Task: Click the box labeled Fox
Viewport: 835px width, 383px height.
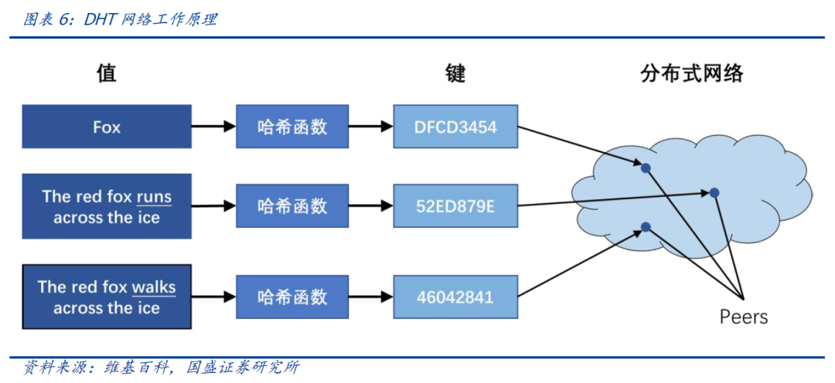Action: pos(107,127)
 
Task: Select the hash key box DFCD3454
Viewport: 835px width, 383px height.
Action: pos(455,127)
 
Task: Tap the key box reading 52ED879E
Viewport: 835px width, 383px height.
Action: pos(455,206)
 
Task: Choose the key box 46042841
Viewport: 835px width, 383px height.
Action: pos(455,297)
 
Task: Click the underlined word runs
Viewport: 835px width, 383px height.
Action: pos(154,198)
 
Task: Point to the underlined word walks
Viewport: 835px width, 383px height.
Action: pos(153,288)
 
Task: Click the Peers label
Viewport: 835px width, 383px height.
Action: pos(743,317)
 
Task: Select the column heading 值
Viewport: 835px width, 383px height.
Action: pos(106,73)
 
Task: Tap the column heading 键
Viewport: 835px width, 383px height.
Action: pos(455,73)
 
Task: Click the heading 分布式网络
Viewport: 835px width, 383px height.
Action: pos(692,73)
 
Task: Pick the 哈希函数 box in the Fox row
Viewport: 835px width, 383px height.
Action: pos(292,127)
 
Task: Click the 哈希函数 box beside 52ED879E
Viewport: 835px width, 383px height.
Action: pos(292,206)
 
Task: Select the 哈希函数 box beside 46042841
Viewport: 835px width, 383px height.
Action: pos(292,297)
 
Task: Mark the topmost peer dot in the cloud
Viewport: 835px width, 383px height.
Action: pos(646,167)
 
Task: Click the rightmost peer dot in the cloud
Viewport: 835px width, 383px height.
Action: pos(715,192)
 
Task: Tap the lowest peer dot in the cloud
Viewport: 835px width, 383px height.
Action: pos(646,226)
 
